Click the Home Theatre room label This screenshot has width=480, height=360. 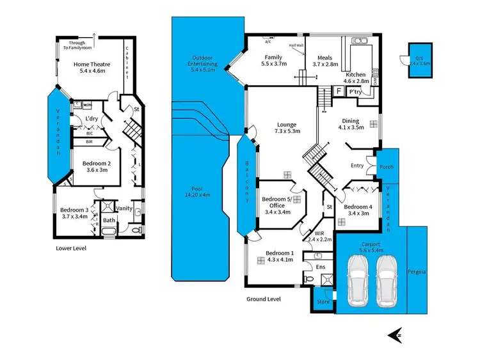[x=90, y=64]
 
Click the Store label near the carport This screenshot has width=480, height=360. [x=323, y=301]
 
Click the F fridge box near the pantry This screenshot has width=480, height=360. [x=339, y=92]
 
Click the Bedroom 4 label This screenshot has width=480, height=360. [x=358, y=207]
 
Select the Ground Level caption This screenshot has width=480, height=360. [x=264, y=299]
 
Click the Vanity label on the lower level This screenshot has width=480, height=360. [x=124, y=208]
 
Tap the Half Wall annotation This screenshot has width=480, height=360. [x=296, y=45]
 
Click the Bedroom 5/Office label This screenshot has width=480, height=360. [x=278, y=201]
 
